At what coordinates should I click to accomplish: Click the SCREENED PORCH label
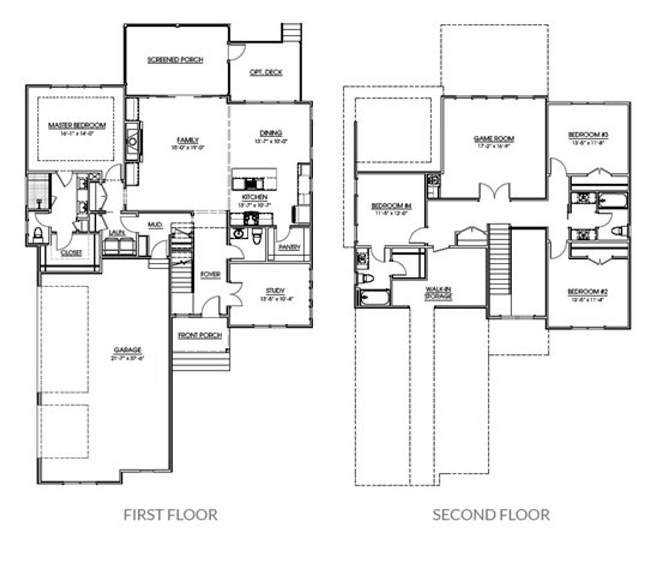click(x=175, y=60)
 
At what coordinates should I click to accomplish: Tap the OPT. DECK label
click(x=265, y=72)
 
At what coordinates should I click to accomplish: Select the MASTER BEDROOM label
click(x=77, y=125)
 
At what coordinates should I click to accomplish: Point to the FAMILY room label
click(x=188, y=140)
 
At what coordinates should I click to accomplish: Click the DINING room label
click(x=271, y=133)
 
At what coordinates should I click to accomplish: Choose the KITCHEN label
click(x=255, y=198)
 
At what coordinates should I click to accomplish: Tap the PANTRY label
click(x=289, y=247)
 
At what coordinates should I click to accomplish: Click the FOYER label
click(x=210, y=274)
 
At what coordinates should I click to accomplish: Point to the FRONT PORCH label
click(x=200, y=336)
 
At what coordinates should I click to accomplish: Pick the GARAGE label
click(x=127, y=350)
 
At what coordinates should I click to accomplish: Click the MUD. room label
click(x=155, y=225)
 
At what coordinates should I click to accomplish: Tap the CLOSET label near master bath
click(x=71, y=253)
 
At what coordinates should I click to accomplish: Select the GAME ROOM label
click(x=494, y=139)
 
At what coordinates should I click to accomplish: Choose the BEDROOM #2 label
click(x=588, y=291)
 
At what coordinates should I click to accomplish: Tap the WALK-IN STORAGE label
click(x=438, y=292)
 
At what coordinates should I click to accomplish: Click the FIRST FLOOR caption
click(x=170, y=515)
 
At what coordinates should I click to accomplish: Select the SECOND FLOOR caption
click(x=491, y=515)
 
